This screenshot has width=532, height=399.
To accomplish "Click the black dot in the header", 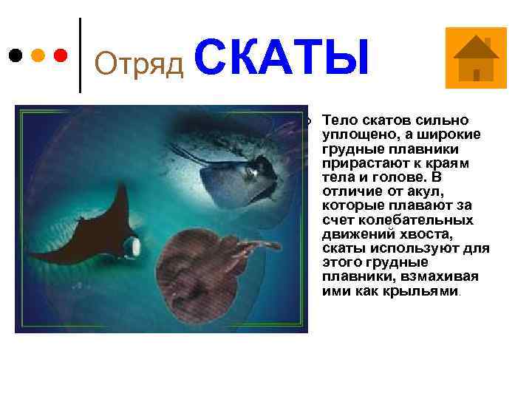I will tap(16, 55).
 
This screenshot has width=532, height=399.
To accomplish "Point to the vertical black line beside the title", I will tap(80, 55).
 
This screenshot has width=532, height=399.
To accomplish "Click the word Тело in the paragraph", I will tap(339, 120).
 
